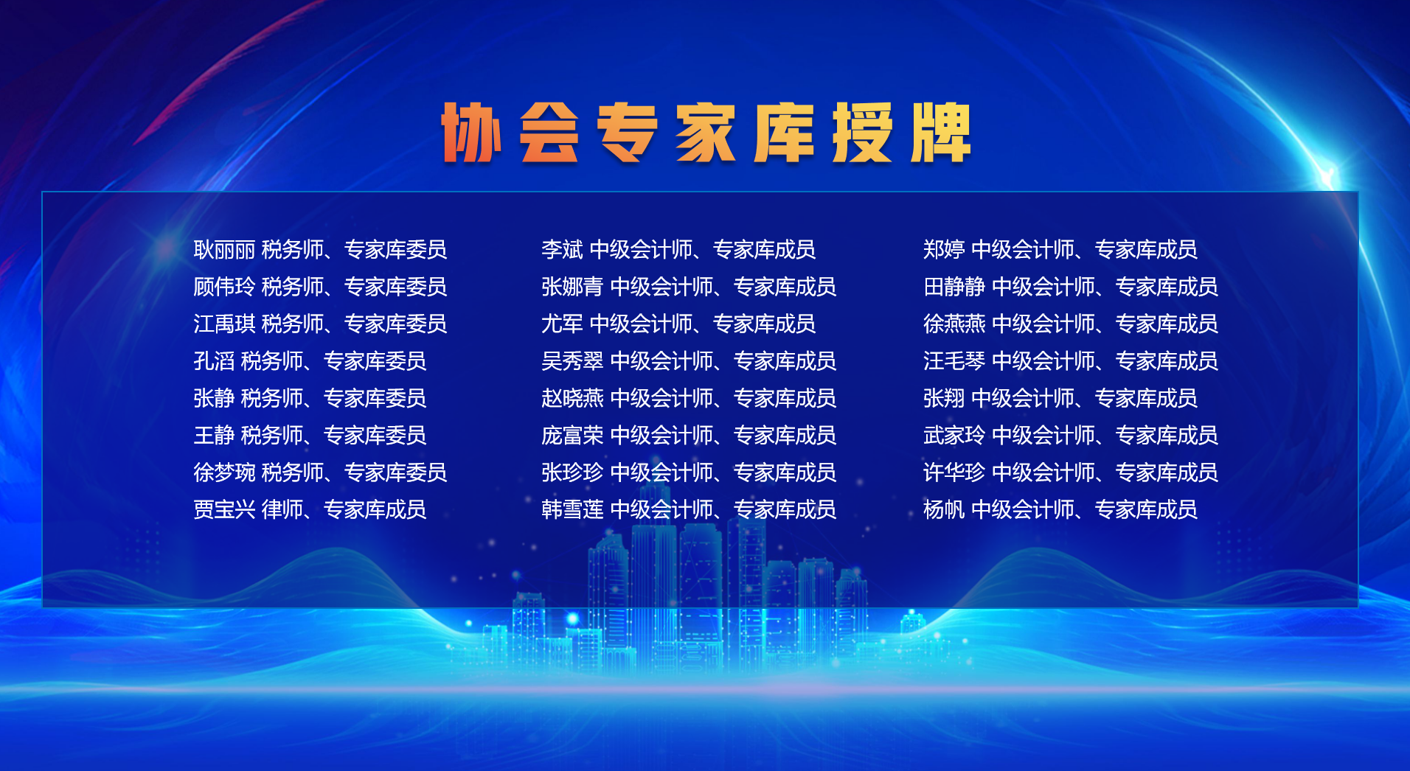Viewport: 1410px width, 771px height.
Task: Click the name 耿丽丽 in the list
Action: click(x=224, y=250)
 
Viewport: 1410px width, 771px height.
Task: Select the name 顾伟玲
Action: click(x=224, y=287)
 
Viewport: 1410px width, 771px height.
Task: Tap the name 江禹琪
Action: click(x=224, y=324)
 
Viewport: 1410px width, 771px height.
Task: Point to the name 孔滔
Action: click(x=214, y=361)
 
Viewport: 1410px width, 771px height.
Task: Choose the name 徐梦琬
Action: click(x=224, y=472)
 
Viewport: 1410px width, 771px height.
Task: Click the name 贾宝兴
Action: click(x=224, y=509)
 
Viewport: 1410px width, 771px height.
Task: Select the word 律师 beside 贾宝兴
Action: click(x=282, y=509)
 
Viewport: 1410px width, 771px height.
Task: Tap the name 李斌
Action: click(x=562, y=250)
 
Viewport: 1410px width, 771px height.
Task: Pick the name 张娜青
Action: click(x=572, y=287)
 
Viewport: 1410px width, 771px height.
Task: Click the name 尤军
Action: click(x=562, y=324)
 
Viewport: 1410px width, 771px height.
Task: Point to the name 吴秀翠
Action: click(x=572, y=361)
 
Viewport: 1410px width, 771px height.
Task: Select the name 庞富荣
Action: click(x=572, y=436)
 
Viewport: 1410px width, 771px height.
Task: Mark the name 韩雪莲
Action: click(x=572, y=509)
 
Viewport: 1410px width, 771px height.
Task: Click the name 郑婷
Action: click(x=944, y=250)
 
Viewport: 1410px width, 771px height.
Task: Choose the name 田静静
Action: click(x=954, y=287)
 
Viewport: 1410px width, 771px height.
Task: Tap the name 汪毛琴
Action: click(x=954, y=361)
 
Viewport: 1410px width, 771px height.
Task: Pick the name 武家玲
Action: click(x=954, y=436)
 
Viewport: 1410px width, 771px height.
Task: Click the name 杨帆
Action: click(x=944, y=509)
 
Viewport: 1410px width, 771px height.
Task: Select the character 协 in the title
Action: click(x=471, y=132)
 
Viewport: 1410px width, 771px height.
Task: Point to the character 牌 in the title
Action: click(x=940, y=132)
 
